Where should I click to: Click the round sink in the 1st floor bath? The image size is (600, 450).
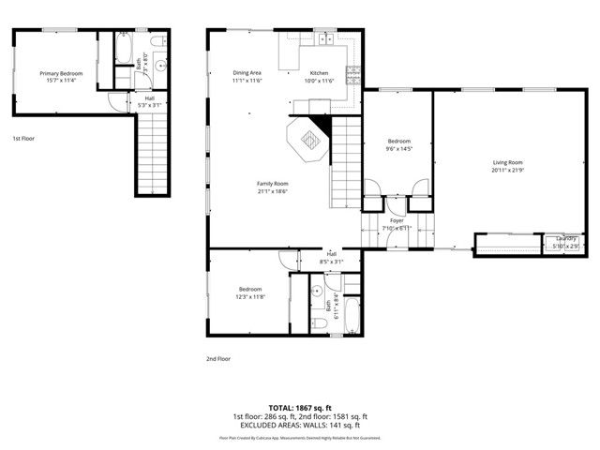coord(160,65)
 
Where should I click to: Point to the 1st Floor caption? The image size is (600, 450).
coord(23,139)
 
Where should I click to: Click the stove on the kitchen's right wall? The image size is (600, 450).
coord(352,74)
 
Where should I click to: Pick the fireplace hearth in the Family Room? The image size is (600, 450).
coord(308,141)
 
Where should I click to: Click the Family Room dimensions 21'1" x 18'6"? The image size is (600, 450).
coord(274,191)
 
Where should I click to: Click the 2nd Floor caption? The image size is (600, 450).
coord(217,358)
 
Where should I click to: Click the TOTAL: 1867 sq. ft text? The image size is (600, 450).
coord(299,408)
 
